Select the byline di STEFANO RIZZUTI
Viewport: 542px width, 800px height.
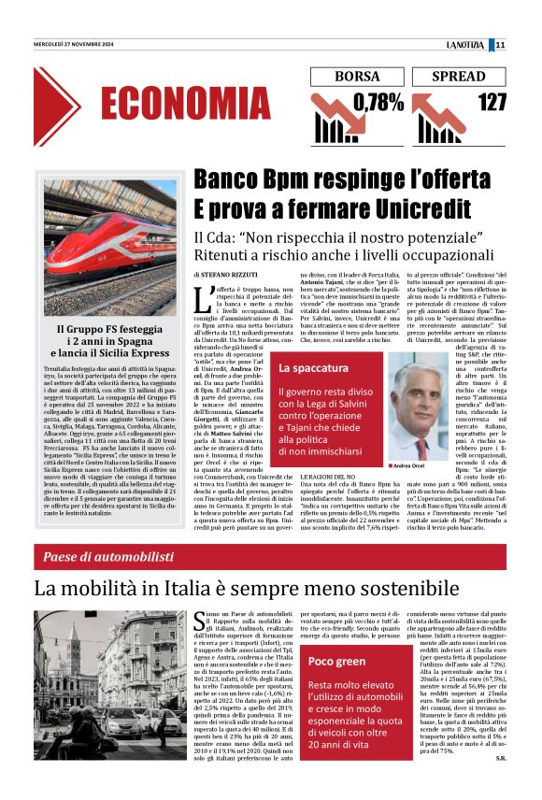pyautogui.click(x=226, y=276)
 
